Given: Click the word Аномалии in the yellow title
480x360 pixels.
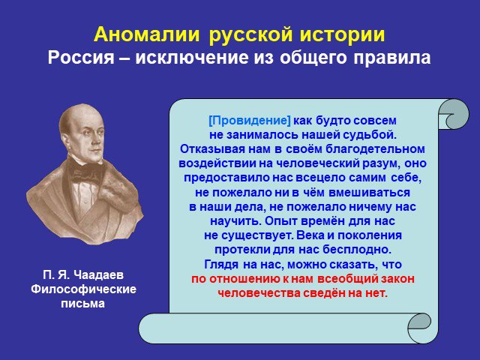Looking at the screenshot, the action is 147,34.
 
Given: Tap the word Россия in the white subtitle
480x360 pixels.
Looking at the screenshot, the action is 81,57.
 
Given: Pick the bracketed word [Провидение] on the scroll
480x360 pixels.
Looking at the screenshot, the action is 250,121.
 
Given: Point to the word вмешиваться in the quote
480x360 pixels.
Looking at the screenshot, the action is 370,193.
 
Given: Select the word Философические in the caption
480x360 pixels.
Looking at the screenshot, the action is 83,289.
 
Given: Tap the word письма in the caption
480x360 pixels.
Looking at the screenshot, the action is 83,303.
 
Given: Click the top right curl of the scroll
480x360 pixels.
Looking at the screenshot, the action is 454,114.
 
